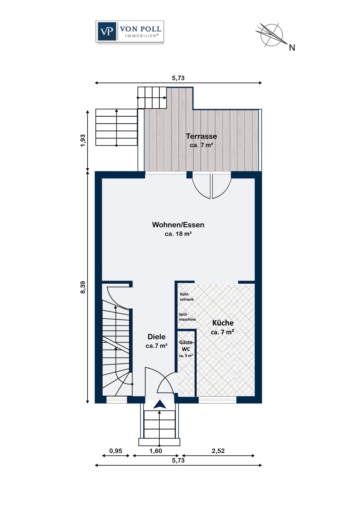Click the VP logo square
(106, 31)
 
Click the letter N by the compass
(292, 48)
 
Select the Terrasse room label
(201, 136)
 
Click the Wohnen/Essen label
(178, 225)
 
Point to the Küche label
(223, 323)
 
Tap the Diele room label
(157, 337)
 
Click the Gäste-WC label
(186, 346)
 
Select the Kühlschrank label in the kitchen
(187, 297)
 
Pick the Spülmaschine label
(187, 317)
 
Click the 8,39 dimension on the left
(83, 287)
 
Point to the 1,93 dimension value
(83, 140)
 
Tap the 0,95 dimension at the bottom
(116, 451)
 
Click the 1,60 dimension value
(156, 451)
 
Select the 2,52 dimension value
(218, 451)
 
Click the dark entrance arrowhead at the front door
(160, 405)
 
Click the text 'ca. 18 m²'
(178, 234)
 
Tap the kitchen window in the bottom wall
(217, 400)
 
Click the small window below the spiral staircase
(117, 400)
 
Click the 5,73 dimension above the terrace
(178, 78)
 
